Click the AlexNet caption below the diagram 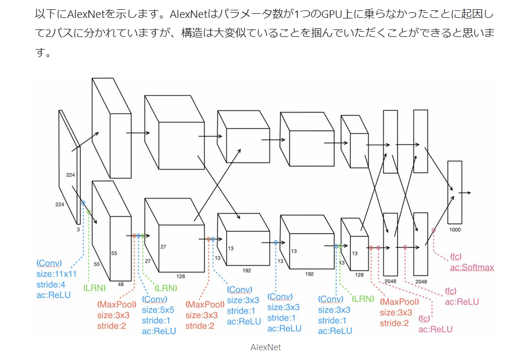coord(265,347)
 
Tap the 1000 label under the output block coord(455,230)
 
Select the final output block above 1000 coord(455,192)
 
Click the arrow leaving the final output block coord(466,192)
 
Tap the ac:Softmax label coord(472,267)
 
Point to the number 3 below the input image coord(78,229)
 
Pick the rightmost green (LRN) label coord(363,298)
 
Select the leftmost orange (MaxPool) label coord(117,304)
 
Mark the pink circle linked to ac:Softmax coord(434,230)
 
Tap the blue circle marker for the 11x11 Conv coord(83,202)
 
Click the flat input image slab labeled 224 coord(69,167)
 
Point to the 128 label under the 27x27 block coord(181,276)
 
